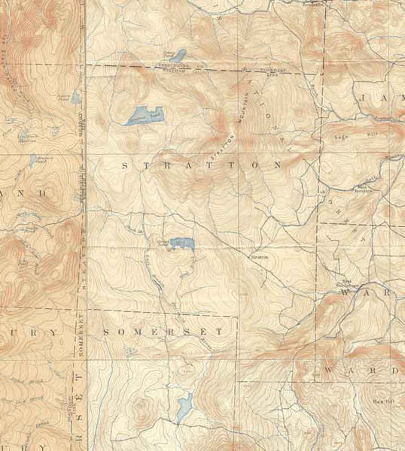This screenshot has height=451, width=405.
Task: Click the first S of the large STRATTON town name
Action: (125, 162)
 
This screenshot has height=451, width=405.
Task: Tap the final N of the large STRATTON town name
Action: (279, 162)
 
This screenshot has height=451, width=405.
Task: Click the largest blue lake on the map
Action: (143, 115)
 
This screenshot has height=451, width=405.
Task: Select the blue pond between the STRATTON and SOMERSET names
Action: (182, 244)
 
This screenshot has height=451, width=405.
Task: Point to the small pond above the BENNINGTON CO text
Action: (179, 55)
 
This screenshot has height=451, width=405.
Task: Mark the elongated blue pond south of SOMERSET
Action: (184, 408)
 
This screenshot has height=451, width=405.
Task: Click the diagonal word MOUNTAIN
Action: (244, 99)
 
